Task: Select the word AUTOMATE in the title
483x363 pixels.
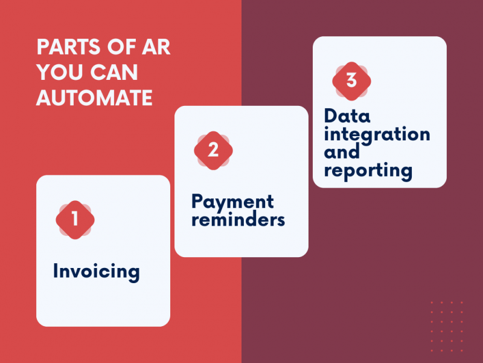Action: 94,98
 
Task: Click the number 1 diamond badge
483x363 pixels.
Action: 75,220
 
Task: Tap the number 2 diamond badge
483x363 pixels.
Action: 213,150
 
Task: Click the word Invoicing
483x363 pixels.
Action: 96,271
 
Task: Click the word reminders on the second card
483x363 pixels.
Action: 238,220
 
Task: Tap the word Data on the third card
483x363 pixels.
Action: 347,116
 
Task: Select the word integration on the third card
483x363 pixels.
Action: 377,133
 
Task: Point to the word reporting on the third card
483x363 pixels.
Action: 368,170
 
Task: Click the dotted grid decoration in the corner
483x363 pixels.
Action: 447,326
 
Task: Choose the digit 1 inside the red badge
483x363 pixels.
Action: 75,220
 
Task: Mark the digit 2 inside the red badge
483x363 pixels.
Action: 213,150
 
